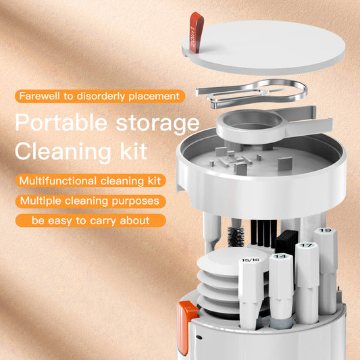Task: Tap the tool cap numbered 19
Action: coord(326,240)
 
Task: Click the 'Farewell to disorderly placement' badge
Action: coord(99,97)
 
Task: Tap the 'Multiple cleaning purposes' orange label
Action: coord(89,201)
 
